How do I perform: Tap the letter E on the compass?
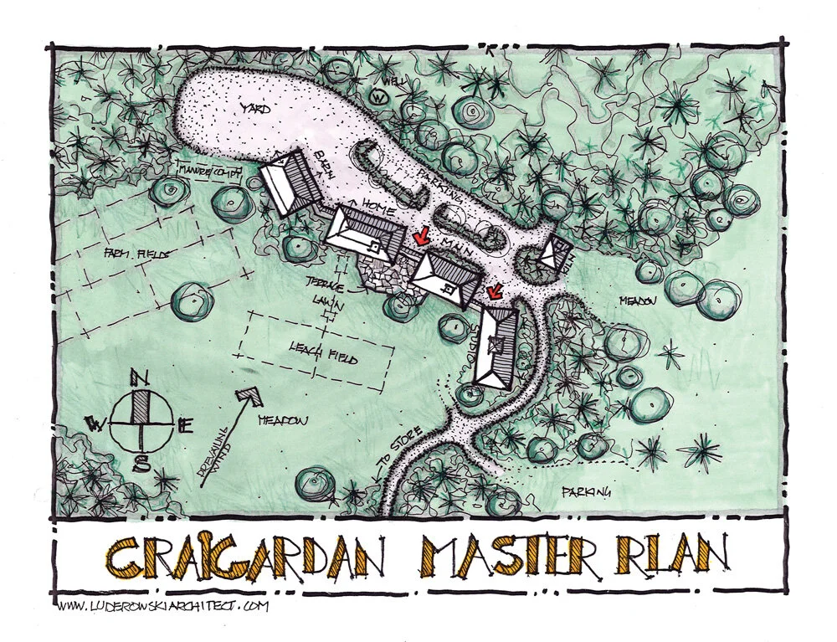coord(186,424)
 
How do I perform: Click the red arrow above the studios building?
coord(494,291)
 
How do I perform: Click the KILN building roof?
coord(554,254)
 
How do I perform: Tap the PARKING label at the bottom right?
coord(586,490)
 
